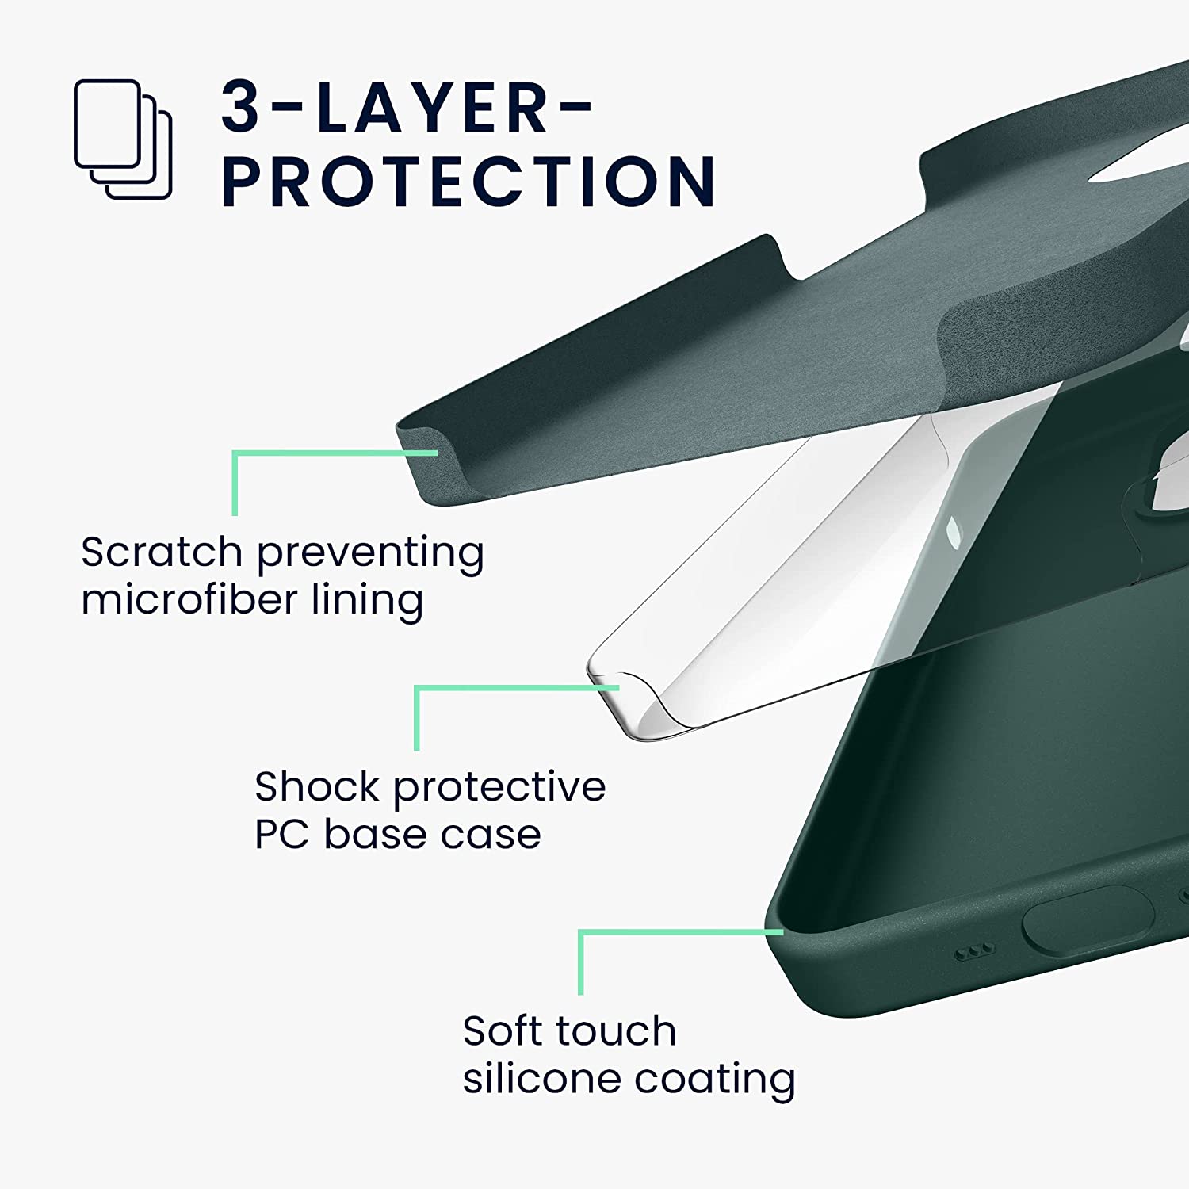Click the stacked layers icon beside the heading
(x=123, y=139)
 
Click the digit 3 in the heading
(x=241, y=107)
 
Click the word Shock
(x=317, y=786)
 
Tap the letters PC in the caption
(x=281, y=834)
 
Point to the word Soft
(x=503, y=1030)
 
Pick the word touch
(x=617, y=1030)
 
